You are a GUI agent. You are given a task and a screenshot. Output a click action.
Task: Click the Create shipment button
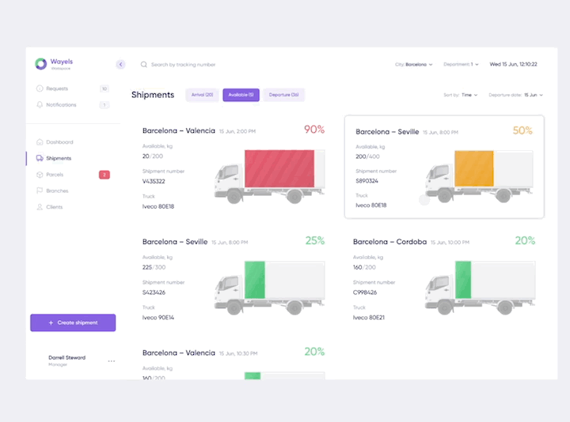coord(73,322)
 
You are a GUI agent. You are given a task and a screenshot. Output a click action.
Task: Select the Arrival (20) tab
coord(202,95)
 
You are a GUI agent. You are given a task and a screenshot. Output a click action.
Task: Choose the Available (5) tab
coord(241,95)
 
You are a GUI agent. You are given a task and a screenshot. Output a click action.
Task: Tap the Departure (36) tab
coord(283,95)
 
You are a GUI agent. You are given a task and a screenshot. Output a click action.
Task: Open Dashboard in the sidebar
coord(59,142)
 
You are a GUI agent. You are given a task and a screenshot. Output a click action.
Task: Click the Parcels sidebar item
coord(55,175)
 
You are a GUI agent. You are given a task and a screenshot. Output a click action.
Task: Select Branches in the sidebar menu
coord(57,190)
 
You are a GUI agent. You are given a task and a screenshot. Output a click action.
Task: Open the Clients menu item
coord(54,207)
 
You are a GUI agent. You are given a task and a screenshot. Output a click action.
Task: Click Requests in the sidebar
coord(57,89)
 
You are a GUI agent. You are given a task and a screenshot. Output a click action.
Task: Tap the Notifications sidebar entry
coord(61,105)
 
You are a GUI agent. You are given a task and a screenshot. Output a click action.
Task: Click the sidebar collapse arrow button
coord(120,64)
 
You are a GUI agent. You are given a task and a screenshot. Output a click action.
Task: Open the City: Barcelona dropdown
coord(414,64)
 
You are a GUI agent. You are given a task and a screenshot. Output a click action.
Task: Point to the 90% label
coord(313,129)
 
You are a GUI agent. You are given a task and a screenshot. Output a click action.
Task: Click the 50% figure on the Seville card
coord(522,130)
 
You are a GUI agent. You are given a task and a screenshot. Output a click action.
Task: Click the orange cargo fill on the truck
coord(473,175)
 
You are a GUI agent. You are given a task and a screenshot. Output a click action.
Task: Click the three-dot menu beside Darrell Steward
coord(112,361)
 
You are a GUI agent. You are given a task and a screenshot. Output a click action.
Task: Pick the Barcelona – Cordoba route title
coord(389,242)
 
